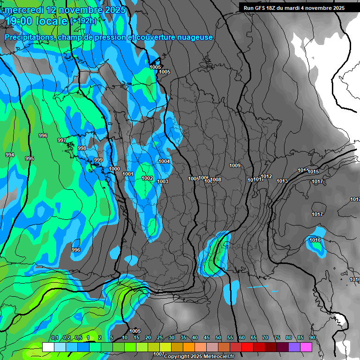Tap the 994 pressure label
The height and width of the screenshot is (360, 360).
(x=10, y=155)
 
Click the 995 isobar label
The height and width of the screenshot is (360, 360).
(x=30, y=158)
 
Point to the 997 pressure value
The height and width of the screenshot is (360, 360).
(x=62, y=140)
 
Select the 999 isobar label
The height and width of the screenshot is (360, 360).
(x=98, y=160)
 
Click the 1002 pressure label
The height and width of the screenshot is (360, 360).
(x=147, y=178)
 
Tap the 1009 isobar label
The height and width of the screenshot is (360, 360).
(x=235, y=165)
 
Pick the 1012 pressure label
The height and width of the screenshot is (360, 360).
(x=267, y=176)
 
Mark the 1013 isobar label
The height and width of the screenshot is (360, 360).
(x=282, y=181)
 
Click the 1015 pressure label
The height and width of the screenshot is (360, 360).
(x=314, y=172)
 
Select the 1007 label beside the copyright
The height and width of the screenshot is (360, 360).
(x=159, y=354)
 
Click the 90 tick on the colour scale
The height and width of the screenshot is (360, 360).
(x=312, y=337)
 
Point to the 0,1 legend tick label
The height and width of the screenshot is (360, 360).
(x=55, y=337)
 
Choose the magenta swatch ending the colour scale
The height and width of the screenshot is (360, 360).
(x=306, y=347)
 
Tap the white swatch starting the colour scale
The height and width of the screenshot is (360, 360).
(x=48, y=347)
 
